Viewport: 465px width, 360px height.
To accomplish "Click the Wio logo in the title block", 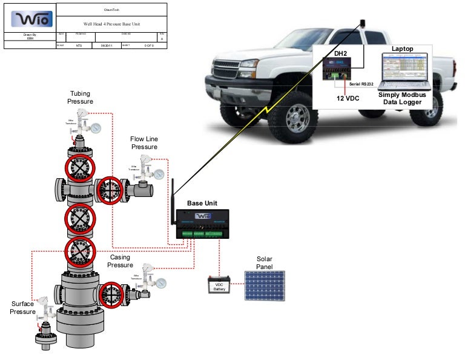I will [30, 19].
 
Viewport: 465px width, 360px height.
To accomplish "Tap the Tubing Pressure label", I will [80, 98].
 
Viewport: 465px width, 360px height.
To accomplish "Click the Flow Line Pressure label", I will [144, 143].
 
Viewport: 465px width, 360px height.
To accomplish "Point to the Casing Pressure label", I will [120, 261].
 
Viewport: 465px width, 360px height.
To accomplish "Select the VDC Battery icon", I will [219, 285].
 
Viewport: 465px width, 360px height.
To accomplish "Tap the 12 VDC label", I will [349, 97].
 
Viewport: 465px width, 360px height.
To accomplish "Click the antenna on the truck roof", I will [363, 24].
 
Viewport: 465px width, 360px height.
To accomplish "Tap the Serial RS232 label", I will [361, 83].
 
